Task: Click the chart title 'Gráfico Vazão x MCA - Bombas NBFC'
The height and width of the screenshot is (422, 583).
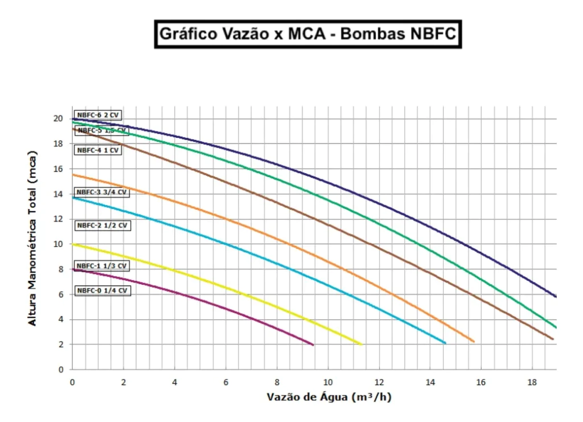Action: coord(307,34)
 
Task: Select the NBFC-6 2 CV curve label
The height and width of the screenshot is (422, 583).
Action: coord(98,115)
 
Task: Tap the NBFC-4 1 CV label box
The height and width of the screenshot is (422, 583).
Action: coord(98,150)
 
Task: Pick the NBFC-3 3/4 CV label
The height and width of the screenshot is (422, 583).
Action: coord(102,192)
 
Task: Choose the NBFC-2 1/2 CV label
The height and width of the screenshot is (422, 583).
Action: coord(102,226)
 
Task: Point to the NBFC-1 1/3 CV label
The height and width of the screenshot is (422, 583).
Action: coord(102,266)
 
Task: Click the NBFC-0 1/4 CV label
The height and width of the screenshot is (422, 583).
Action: coord(102,291)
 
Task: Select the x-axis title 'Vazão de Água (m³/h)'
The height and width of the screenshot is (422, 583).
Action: coord(329,397)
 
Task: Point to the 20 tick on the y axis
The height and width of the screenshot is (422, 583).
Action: coord(58,118)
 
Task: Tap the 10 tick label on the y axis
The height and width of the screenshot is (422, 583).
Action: coord(58,244)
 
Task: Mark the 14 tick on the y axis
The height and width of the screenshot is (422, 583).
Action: coord(58,194)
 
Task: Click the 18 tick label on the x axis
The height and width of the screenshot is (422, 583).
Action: coord(531,382)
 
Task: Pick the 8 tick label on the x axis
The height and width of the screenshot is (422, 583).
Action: coord(277,382)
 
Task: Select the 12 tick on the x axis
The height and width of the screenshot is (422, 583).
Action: coord(379,382)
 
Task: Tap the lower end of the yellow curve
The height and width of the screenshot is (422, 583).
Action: coord(361,344)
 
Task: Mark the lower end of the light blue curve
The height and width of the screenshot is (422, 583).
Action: coord(445,343)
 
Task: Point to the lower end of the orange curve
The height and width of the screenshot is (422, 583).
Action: coord(473,342)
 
